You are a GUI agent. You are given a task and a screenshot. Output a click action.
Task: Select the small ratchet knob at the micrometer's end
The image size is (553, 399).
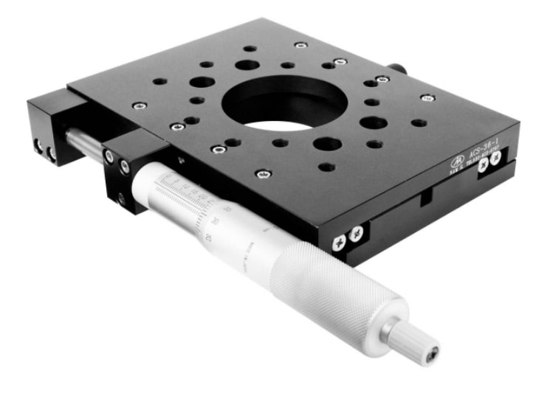click(x=413, y=342)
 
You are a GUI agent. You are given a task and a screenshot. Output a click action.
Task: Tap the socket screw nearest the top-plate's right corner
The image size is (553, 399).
click(x=426, y=97)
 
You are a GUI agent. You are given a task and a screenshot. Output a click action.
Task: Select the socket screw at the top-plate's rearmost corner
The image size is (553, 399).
click(x=300, y=45)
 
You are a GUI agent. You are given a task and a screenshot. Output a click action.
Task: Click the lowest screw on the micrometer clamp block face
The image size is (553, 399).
click(x=120, y=197)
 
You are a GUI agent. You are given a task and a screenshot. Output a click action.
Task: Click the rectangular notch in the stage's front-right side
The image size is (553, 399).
click(x=425, y=197)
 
